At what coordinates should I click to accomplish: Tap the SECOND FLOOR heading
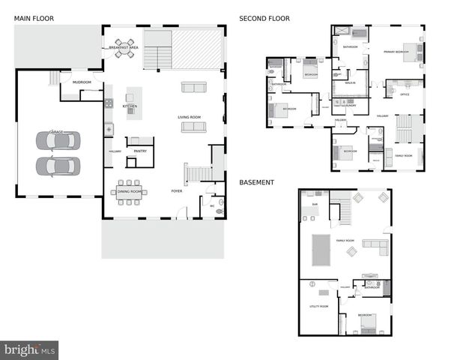(264, 18)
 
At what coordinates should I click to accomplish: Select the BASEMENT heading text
(256, 182)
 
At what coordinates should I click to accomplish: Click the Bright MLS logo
(30, 350)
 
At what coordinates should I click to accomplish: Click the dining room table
(129, 190)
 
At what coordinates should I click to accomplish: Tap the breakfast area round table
(124, 48)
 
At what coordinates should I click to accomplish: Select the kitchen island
(134, 97)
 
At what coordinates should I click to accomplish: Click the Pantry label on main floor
(140, 151)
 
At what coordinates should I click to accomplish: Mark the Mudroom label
(82, 82)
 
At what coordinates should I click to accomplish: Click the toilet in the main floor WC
(220, 211)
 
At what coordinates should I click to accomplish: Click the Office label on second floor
(405, 94)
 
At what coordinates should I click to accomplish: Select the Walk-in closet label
(350, 83)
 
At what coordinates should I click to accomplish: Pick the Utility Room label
(318, 307)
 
